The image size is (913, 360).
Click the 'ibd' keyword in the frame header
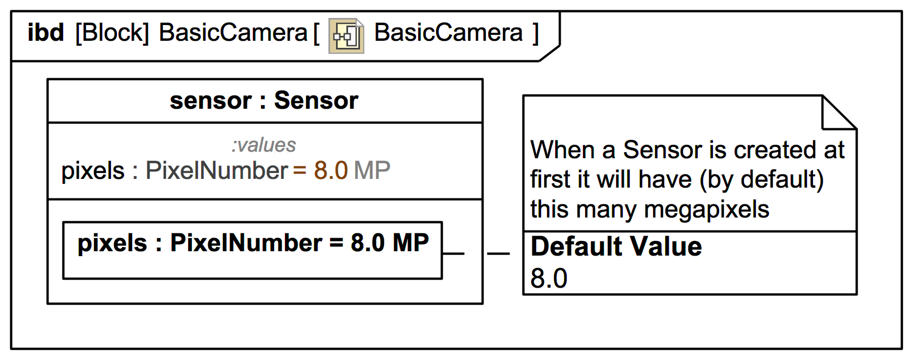click(46, 33)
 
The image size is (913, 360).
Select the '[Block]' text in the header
click(112, 33)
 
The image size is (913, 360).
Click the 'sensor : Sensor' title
click(264, 101)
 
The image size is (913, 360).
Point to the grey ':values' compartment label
click(264, 145)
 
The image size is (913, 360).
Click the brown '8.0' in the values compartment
click(331, 171)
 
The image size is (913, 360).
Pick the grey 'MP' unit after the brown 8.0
click(372, 171)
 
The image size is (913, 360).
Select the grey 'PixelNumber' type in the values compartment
click(216, 171)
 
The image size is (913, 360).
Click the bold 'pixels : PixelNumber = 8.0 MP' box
click(253, 250)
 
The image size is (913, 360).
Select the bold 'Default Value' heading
click(616, 246)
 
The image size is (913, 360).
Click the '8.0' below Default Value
click(549, 278)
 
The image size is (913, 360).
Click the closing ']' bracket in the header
click(536, 33)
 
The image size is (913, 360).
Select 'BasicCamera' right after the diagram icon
click(449, 33)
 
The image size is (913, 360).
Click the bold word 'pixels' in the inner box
click(112, 243)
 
